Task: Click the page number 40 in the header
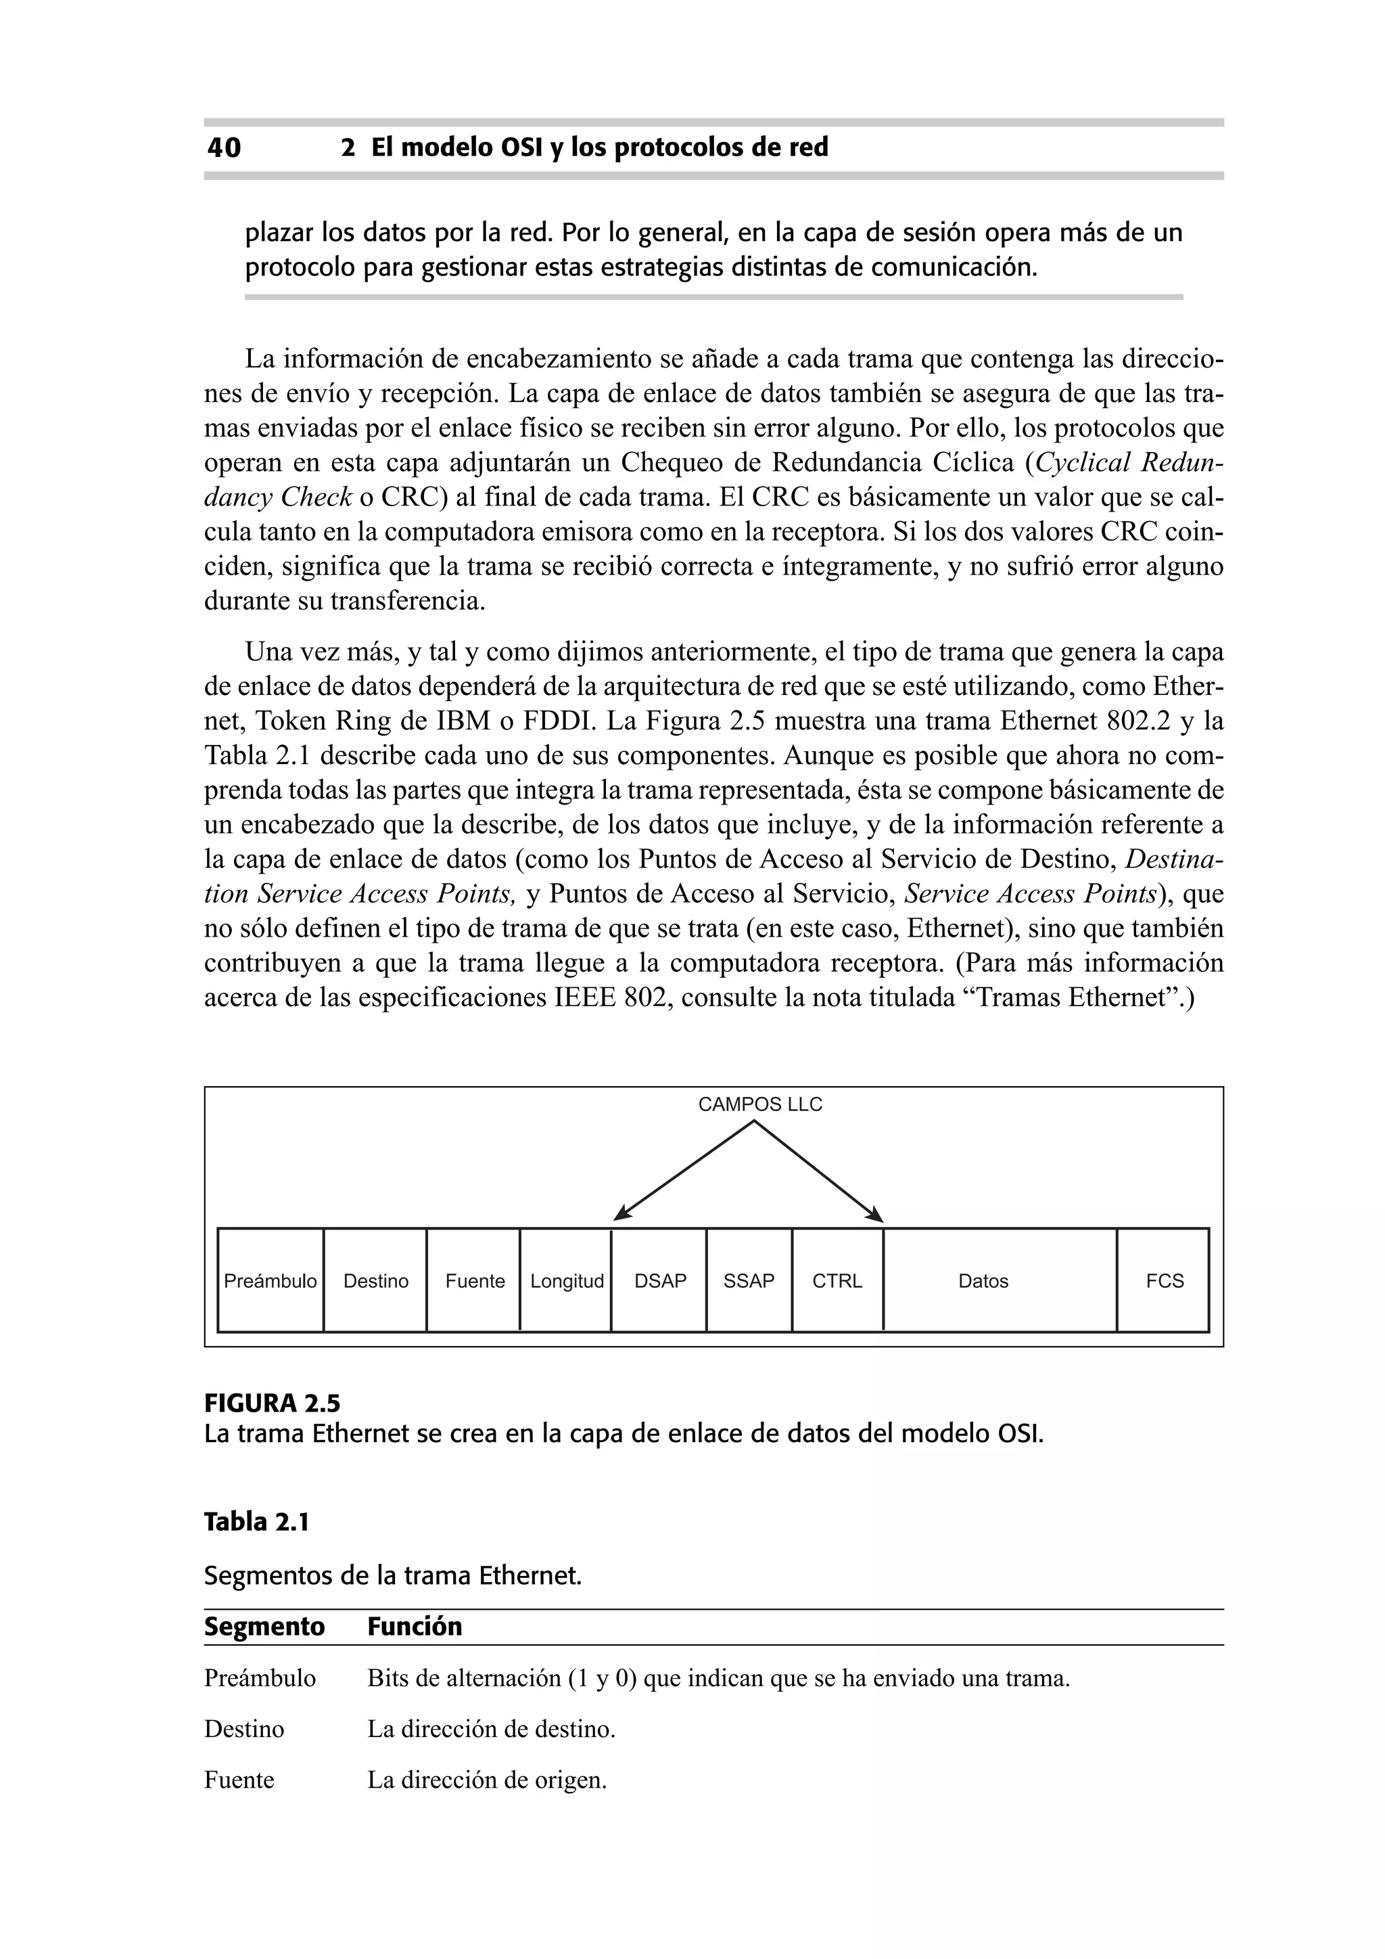point(225,148)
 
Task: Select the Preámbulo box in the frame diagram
point(271,1281)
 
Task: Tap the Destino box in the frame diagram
point(375,1281)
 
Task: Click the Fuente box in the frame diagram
point(474,1281)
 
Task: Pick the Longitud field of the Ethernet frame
point(566,1281)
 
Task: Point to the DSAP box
point(660,1281)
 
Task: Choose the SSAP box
point(749,1281)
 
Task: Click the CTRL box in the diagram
point(837,1281)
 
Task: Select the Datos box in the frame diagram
point(983,1281)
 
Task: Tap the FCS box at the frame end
point(1164,1281)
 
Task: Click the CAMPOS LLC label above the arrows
point(760,1104)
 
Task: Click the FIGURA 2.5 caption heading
point(272,1403)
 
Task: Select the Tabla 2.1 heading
point(256,1522)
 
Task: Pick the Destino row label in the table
point(244,1729)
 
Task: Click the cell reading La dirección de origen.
point(487,1780)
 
